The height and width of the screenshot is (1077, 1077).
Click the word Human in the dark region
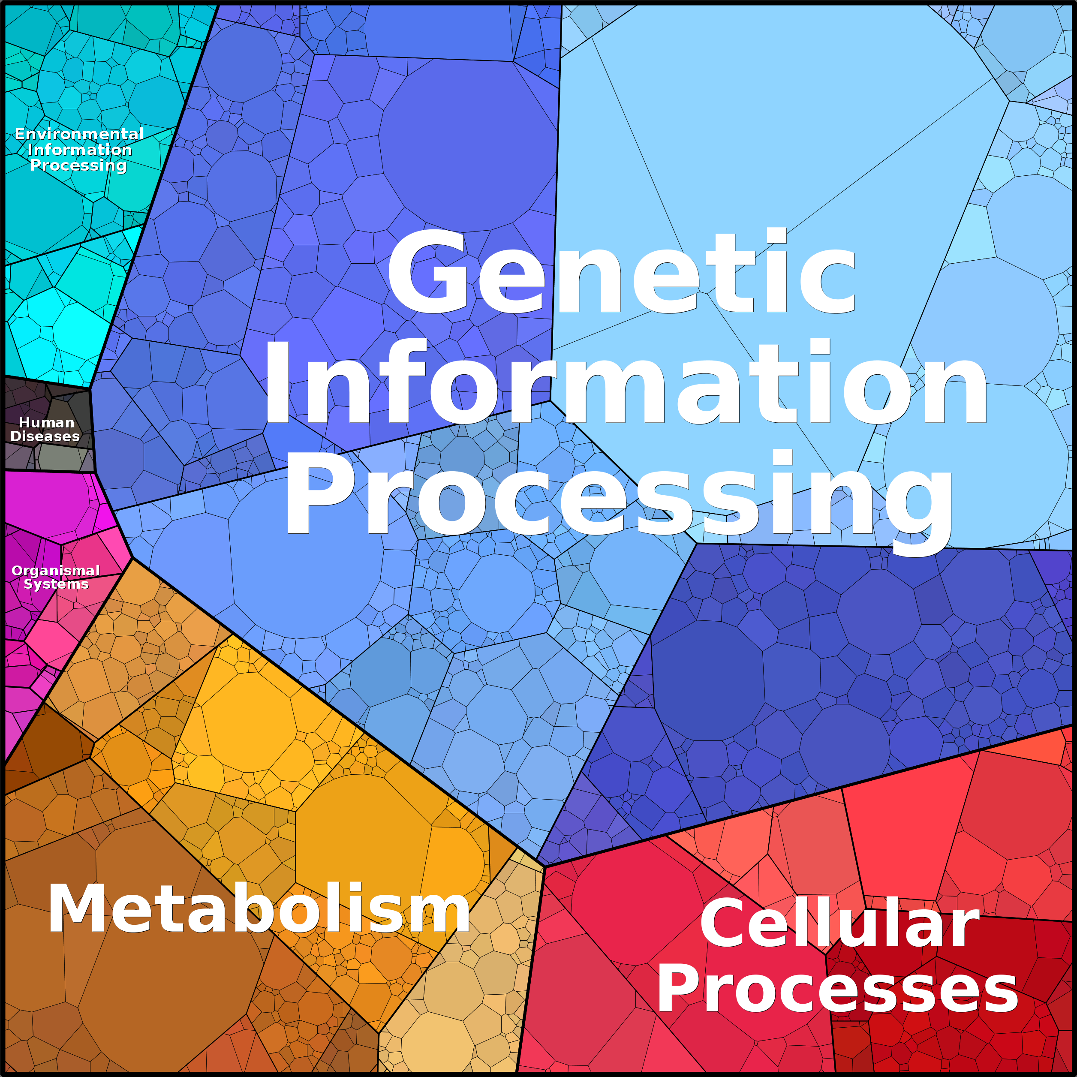click(47, 423)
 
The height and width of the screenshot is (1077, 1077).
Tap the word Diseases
click(45, 436)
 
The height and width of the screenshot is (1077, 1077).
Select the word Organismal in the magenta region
click(56, 571)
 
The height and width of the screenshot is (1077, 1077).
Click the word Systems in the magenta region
click(56, 584)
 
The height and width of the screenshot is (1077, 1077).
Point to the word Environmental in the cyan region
click(79, 134)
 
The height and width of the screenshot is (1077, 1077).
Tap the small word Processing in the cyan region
click(78, 165)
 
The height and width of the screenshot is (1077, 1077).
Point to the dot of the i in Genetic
click(776, 236)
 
